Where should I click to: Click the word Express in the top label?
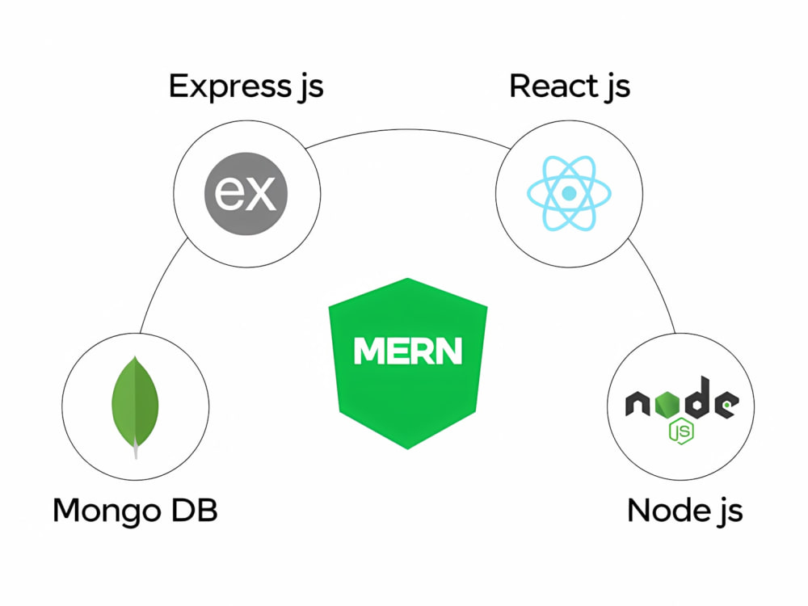pos(229,86)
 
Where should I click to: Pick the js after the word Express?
pos(311,87)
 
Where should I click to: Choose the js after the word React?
pos(617,87)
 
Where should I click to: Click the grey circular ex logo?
pos(246,194)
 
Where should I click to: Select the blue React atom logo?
pos(569,193)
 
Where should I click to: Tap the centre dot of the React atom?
pos(569,193)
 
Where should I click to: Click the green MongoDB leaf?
pos(135,402)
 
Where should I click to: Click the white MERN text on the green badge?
pos(408,351)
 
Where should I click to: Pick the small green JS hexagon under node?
pos(680,431)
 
